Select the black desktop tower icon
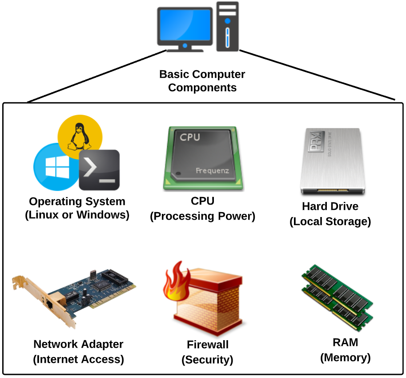point(228,27)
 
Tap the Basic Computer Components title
point(202,80)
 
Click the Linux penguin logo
point(80,133)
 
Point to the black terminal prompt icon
point(100,170)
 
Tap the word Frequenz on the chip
point(213,171)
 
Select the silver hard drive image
point(333,161)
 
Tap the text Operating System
point(77,201)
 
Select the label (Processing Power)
point(203,217)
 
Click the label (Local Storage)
point(330,221)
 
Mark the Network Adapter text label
point(78,344)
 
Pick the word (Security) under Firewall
point(207,360)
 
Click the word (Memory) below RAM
point(346,357)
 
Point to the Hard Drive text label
point(330,206)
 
